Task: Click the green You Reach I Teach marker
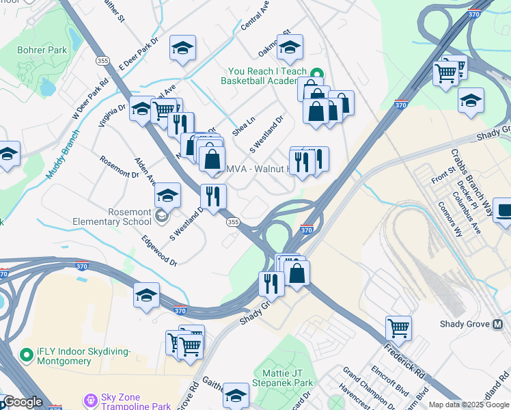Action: [317, 74]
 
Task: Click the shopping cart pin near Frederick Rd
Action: [398, 327]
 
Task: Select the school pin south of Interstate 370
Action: [146, 295]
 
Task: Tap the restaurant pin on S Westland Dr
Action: [213, 196]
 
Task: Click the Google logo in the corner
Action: [23, 402]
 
